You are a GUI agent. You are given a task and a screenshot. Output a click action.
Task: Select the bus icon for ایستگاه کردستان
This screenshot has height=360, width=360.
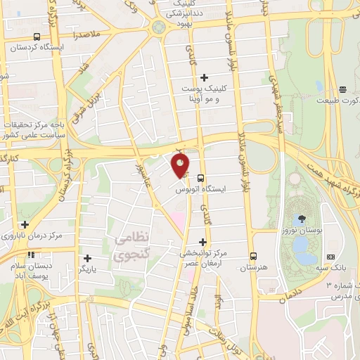click(x=37, y=37)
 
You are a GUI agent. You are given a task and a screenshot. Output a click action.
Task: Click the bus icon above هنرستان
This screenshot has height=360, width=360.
click(x=254, y=256)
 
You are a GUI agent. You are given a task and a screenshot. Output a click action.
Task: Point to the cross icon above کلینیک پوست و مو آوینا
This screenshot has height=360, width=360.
click(x=205, y=77)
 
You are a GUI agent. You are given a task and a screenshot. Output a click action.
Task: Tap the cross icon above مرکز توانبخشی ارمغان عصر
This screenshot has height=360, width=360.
click(x=202, y=241)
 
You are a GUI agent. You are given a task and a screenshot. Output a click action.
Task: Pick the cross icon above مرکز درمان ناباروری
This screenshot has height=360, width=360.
click(x=25, y=224)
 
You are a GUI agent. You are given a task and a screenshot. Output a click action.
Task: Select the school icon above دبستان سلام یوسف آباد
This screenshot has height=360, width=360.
click(x=30, y=255)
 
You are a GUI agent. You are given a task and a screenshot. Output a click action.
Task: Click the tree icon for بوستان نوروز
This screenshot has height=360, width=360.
click(x=302, y=218)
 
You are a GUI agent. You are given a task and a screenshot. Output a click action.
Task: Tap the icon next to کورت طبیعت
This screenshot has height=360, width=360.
click(x=343, y=89)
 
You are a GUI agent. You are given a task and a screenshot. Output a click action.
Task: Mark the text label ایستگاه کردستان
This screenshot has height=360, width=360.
click(x=37, y=49)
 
